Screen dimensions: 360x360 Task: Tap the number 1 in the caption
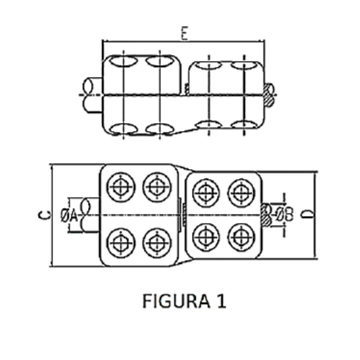coord(221,301)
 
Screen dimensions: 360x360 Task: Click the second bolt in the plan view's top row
coord(157,187)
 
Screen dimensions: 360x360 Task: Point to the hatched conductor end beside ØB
coord(266,214)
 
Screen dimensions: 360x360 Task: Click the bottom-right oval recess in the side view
coord(244,125)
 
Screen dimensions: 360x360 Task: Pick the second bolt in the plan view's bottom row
coord(157,243)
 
